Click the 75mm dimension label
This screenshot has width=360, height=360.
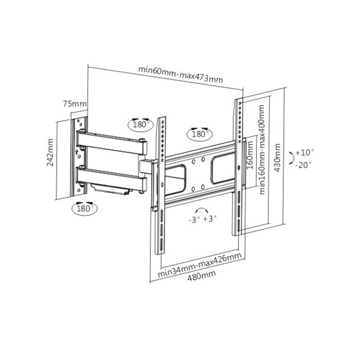click(75, 104)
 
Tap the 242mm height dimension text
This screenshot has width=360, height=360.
click(50, 153)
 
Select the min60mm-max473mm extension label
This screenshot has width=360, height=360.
click(180, 75)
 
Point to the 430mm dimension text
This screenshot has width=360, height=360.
click(277, 158)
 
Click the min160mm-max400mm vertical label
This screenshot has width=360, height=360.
click(262, 150)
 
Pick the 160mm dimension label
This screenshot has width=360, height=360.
click(250, 155)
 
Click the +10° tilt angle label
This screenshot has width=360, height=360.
click(304, 153)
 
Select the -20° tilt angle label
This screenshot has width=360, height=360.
click(303, 165)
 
